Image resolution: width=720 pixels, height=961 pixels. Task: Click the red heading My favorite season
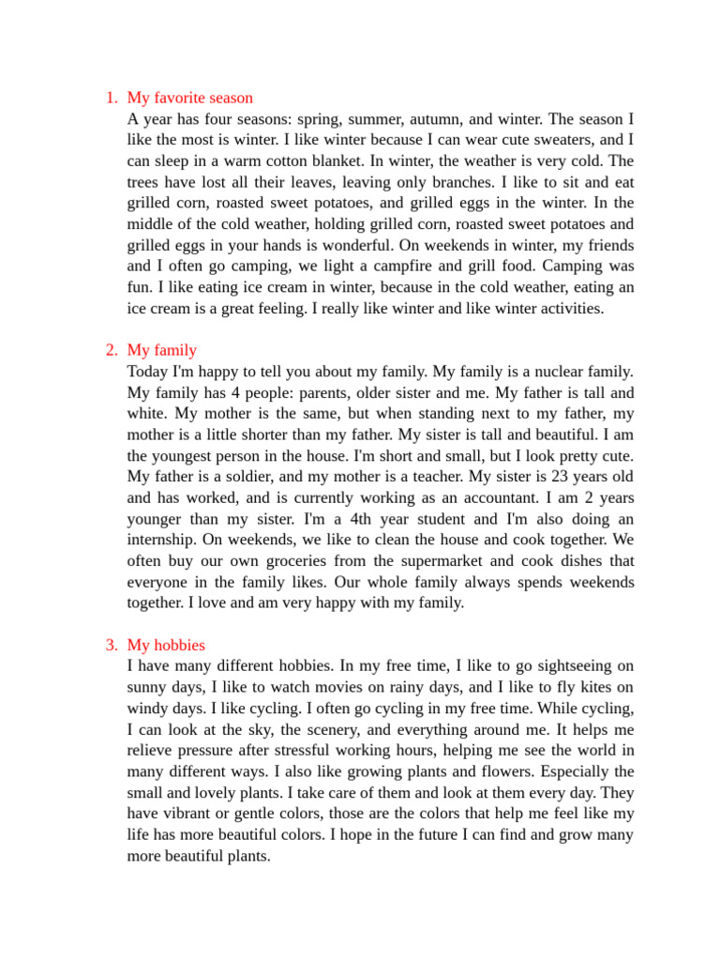189,98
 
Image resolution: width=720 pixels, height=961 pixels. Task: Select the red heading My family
161,350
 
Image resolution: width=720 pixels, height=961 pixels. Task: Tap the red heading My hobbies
165,645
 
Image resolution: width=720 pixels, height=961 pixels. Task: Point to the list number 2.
111,350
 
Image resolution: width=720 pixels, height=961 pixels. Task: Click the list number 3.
111,645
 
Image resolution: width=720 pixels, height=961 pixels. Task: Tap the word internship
167,540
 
